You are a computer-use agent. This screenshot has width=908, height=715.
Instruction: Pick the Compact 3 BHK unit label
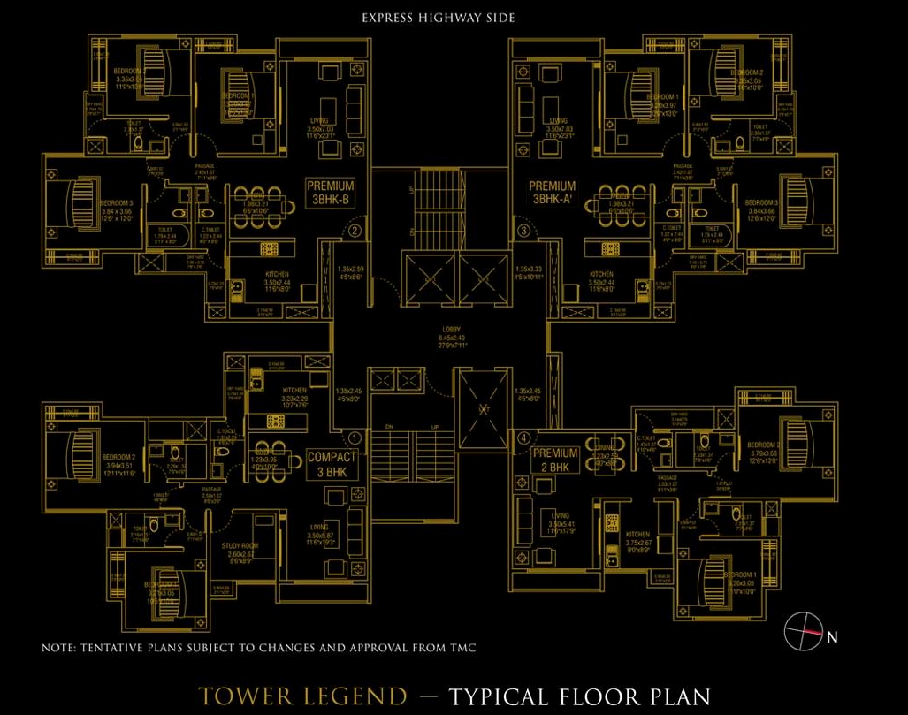332,464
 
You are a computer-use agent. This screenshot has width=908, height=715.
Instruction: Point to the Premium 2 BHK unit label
556,460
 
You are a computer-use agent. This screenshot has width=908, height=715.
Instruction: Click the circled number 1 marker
355,437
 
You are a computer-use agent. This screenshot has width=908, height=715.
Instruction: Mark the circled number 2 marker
355,232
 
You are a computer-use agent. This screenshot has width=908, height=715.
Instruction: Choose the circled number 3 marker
524,232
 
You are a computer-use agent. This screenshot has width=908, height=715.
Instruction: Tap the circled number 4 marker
524,437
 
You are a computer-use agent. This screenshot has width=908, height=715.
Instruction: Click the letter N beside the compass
831,636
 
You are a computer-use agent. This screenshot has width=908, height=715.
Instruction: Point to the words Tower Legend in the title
303,696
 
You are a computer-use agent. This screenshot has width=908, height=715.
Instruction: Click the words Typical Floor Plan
579,696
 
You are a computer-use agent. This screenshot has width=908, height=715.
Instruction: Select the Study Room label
240,546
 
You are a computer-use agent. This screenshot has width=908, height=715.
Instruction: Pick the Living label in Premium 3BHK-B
319,120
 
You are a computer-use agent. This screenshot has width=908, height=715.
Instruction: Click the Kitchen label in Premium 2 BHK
637,534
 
